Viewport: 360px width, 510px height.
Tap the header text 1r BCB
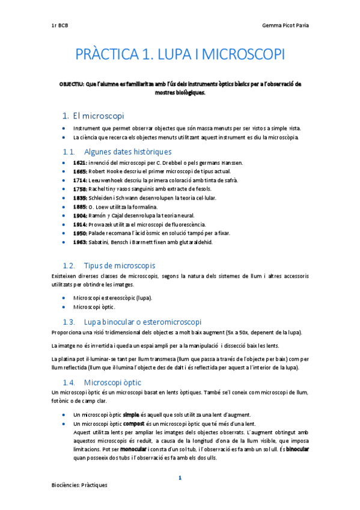pos(60,26)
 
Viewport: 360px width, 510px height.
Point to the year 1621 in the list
pos(79,163)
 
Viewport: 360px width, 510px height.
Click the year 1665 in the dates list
pos(79,171)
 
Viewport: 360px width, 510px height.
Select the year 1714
pos(79,180)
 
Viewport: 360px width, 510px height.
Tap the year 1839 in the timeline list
pos(79,198)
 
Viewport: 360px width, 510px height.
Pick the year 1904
pos(79,215)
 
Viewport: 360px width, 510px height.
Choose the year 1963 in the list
pos(79,242)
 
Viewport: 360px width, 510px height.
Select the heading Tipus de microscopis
pos(120,265)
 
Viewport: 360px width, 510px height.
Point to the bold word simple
pos(130,415)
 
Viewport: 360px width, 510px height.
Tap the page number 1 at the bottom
pos(180,478)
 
